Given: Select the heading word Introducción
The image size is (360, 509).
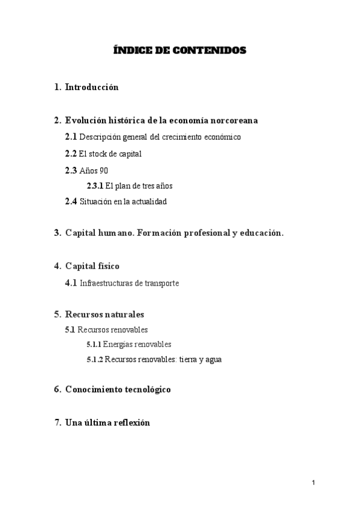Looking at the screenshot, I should tap(92, 87).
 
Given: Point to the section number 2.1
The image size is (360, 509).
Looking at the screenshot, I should tap(71, 137).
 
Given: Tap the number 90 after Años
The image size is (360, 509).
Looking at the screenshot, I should tap(104, 170).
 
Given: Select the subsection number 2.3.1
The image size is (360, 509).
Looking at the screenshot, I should tap(95, 185).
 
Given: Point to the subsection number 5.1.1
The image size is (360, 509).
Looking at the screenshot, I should tap(94, 345).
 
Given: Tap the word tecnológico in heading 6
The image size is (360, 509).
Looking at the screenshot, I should tap(145, 390).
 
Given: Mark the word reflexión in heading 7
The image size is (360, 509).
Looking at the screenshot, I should tap(130, 423).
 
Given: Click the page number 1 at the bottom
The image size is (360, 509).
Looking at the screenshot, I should tap(313, 483).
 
